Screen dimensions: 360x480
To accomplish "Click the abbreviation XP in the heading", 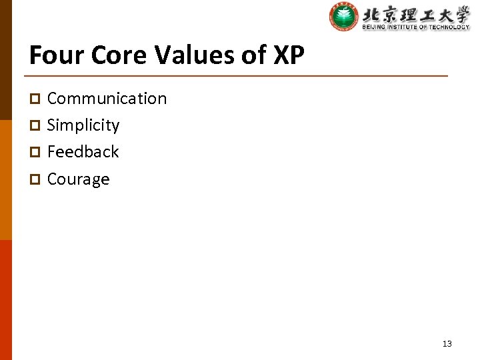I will click(x=289, y=55).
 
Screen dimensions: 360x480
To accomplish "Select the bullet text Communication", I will click(x=107, y=99).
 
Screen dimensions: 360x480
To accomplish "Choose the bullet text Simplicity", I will click(x=83, y=125).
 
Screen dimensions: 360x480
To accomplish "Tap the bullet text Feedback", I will click(x=83, y=152).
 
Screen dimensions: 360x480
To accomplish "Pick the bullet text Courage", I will click(x=78, y=179).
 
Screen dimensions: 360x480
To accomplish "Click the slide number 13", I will click(x=447, y=344).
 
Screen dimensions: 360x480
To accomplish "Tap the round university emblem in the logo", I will click(x=343, y=17).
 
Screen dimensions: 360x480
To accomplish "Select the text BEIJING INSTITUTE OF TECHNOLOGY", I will click(x=416, y=27).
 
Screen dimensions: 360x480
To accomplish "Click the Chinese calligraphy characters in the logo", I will click(x=416, y=13).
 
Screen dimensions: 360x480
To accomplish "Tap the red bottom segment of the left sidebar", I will click(x=5, y=300).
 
